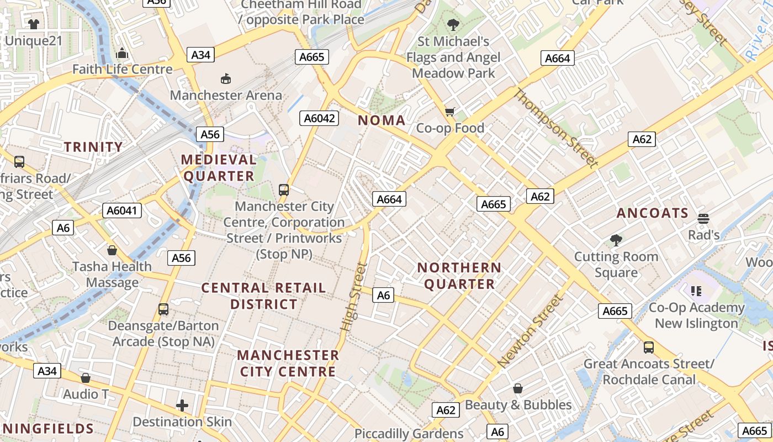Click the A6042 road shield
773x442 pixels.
point(319,118)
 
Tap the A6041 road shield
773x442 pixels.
point(122,211)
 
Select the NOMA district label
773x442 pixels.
point(382,120)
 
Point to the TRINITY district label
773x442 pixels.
point(93,147)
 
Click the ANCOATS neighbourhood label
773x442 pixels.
point(653,213)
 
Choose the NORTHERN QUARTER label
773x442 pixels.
point(459,276)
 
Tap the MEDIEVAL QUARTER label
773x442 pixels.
point(219,168)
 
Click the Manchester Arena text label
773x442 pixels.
point(226,95)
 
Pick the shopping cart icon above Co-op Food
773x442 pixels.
point(450,112)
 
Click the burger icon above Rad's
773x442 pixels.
point(703,219)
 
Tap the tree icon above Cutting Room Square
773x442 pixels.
point(616,240)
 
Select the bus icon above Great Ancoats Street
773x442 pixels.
point(649,348)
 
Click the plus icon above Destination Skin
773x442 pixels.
point(182,406)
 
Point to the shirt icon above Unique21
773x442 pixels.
point(33,24)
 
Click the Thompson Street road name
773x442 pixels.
point(555,128)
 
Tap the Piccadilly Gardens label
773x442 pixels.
point(409,434)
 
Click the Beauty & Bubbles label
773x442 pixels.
point(518,405)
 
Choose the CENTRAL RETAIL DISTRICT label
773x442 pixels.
point(263,296)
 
